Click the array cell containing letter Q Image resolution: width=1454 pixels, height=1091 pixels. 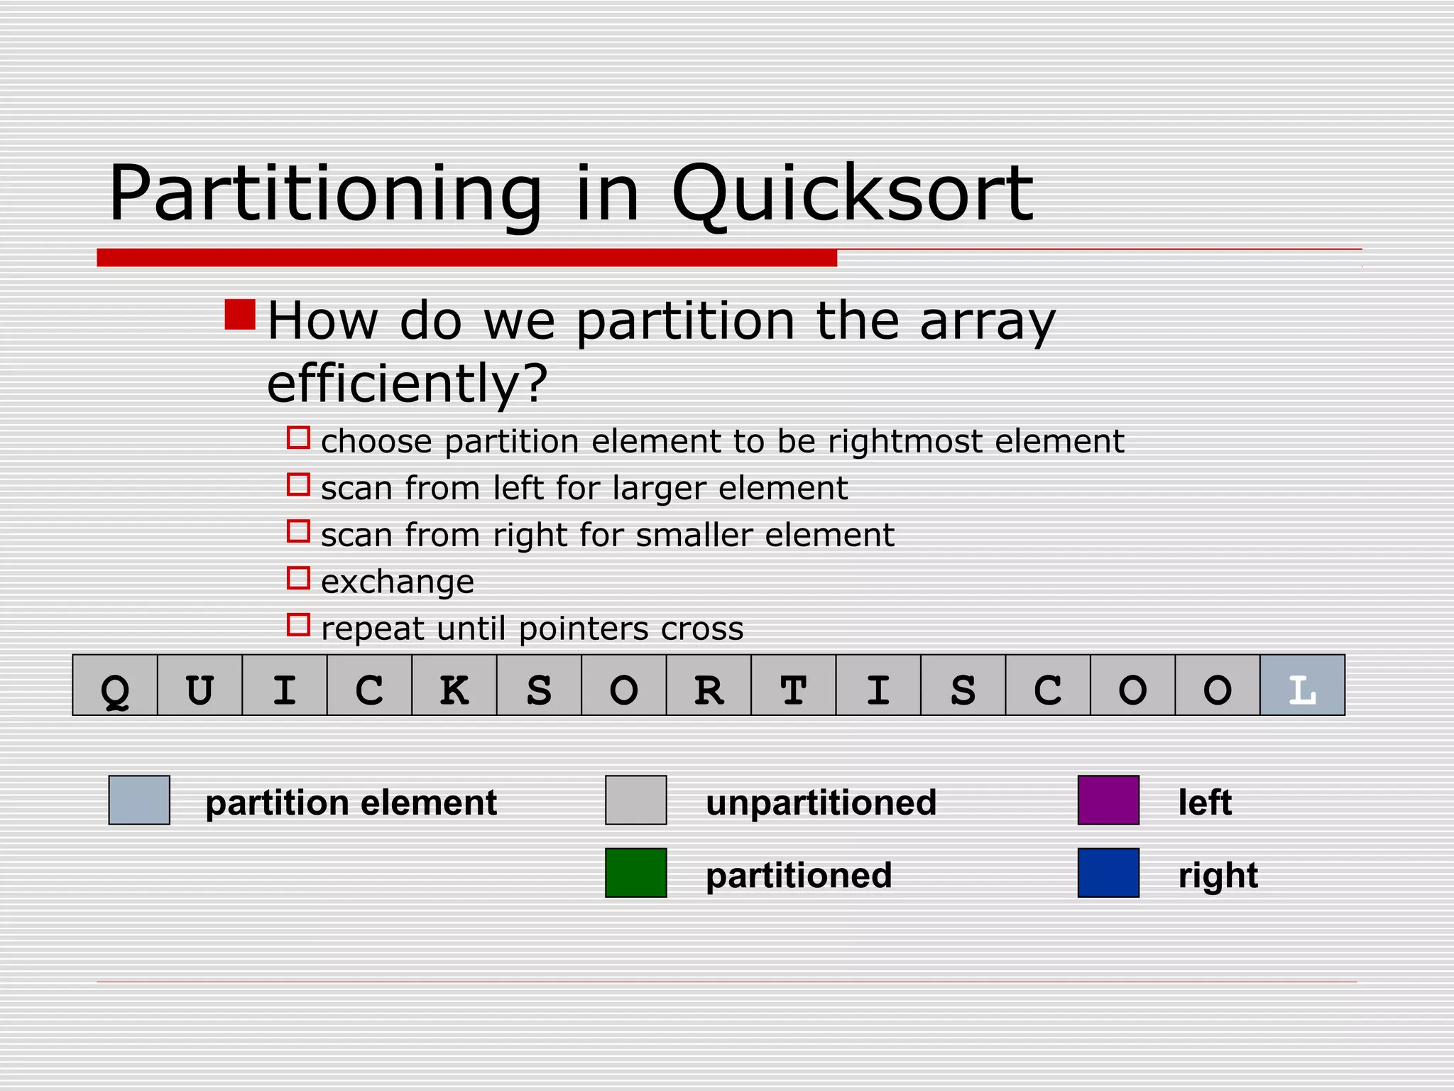pos(115,685)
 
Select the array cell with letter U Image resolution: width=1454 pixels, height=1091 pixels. pos(199,685)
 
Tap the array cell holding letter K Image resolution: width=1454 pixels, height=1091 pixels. pos(454,685)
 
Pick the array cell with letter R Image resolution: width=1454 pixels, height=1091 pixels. pos(709,685)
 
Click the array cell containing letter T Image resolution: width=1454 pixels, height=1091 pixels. pos(793,685)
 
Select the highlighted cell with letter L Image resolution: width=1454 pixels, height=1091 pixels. pos(1302,685)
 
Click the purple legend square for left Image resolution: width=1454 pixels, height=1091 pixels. pos(1108,800)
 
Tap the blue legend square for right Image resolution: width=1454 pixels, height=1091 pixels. pos(1108,872)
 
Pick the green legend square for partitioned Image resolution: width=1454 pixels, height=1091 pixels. pos(635,872)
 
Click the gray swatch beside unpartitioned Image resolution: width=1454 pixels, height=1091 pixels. pos(635,800)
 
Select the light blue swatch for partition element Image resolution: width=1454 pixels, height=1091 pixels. pos(139,800)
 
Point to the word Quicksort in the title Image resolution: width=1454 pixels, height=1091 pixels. pos(852,193)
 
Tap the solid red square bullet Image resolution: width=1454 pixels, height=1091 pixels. pos(240,315)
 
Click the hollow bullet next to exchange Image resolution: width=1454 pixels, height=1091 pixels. pos(298,578)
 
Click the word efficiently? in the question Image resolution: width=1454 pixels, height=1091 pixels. pos(408,384)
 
